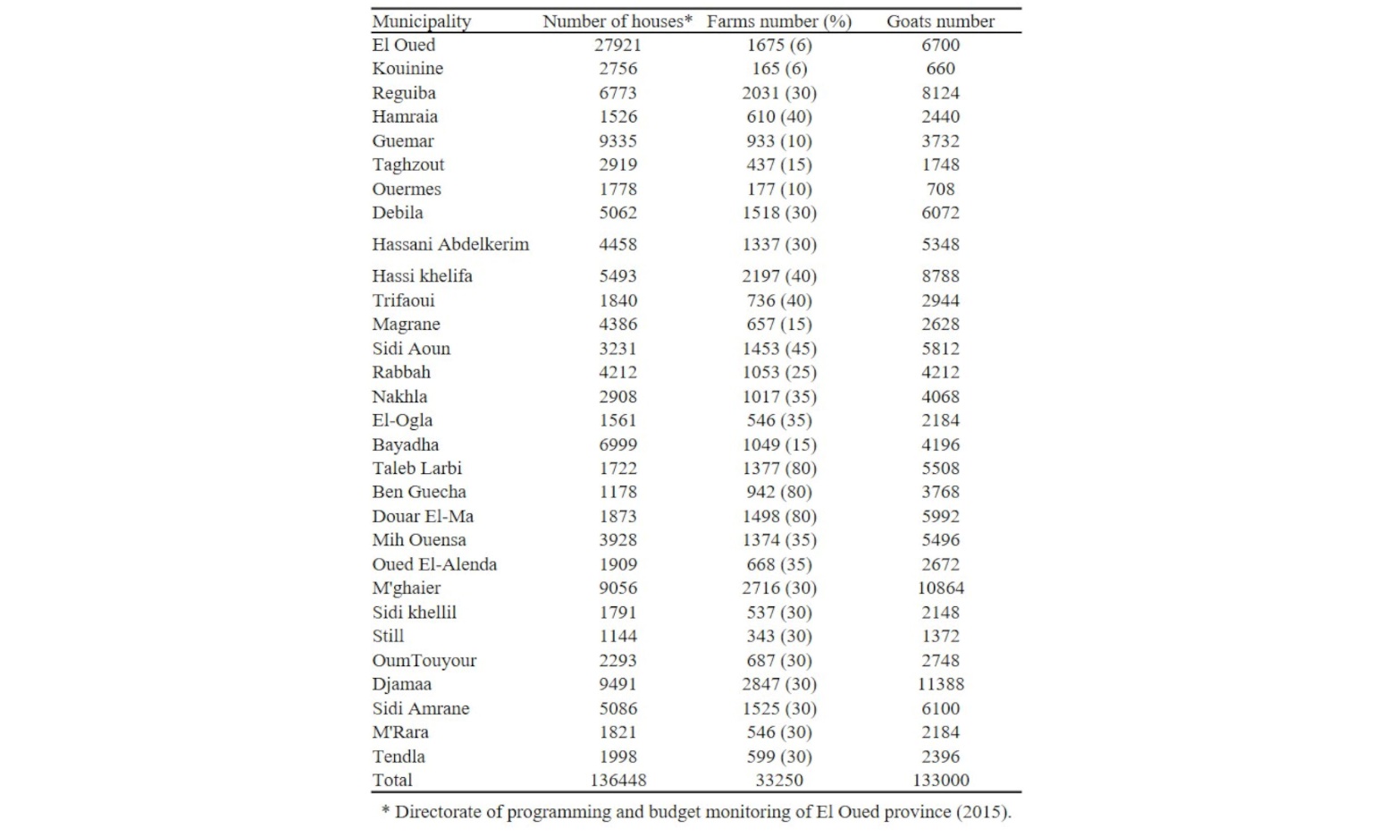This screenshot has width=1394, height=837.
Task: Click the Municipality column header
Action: pos(421,21)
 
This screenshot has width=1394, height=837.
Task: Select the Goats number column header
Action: pos(940,21)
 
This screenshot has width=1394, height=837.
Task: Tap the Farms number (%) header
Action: pos(778,21)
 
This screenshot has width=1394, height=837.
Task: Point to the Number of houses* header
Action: pos(617,21)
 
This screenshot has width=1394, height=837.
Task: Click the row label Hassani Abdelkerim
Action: pos(450,244)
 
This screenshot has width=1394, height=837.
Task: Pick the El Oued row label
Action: pos(404,45)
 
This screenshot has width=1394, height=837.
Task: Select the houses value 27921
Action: pos(617,45)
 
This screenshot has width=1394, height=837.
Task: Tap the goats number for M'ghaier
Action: pos(940,588)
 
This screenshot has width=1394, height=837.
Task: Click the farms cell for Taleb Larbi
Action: pos(778,468)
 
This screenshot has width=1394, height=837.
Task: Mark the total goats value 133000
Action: pos(940,780)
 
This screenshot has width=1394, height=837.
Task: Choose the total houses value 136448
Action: pos(617,780)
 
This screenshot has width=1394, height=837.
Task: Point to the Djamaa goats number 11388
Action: pos(940,684)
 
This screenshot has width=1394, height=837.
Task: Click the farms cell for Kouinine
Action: pos(778,68)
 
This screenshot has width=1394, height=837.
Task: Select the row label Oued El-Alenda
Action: pos(434,564)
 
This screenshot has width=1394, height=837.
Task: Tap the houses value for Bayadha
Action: pos(617,444)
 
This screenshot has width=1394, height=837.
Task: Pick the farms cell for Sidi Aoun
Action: pos(778,349)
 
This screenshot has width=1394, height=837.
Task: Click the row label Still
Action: pos(388,636)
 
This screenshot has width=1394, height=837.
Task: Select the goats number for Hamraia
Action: pos(940,116)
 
